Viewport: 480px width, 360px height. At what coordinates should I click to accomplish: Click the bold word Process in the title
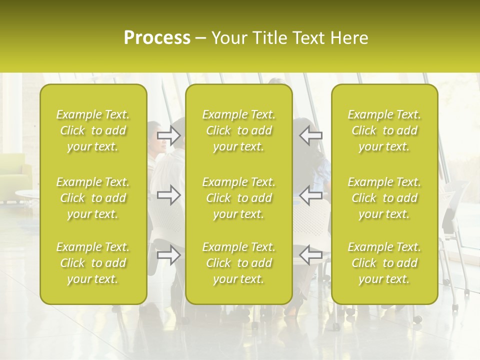(157, 37)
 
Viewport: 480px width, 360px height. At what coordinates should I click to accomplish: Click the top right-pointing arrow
(168, 135)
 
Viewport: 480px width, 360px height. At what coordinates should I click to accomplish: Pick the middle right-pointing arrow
(168, 195)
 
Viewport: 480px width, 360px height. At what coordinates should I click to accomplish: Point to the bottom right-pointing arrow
(168, 254)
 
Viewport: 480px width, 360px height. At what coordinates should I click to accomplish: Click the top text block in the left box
(93, 130)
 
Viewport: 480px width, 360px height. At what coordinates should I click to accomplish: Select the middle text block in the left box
(93, 198)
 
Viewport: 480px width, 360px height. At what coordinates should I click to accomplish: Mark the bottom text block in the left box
(93, 263)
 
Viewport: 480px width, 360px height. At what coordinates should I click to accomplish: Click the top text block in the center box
(239, 130)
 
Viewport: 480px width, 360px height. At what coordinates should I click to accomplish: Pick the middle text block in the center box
(239, 198)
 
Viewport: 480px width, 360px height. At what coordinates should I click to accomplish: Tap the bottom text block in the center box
(239, 263)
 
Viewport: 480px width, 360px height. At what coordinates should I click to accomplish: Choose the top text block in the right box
(384, 130)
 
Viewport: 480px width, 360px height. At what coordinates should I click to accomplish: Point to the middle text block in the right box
(384, 198)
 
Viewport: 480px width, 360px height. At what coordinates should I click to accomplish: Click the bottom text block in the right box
(384, 263)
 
